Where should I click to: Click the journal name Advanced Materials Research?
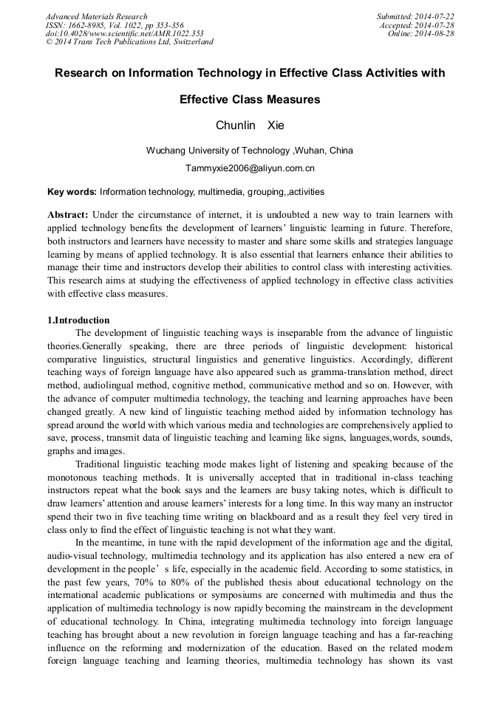96,16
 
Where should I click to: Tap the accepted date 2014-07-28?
436,25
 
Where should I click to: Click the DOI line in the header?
124,33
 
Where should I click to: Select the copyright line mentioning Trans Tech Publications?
129,42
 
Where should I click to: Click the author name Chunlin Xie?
250,126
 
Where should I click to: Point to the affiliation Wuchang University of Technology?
219,151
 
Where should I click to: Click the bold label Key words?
72,192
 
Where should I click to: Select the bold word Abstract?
68,213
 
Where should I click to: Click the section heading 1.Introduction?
78,320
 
